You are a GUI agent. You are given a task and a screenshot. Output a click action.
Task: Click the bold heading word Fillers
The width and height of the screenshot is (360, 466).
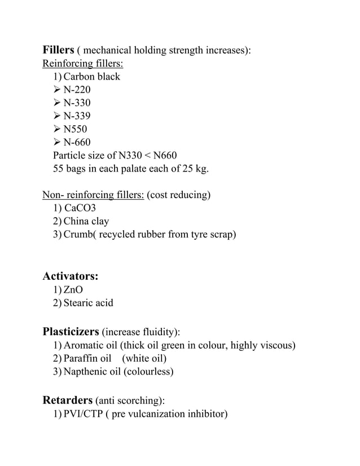59,50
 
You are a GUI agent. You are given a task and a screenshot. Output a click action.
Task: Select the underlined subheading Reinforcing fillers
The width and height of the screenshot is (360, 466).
83,63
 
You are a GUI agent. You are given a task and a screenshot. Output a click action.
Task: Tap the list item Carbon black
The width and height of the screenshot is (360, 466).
92,77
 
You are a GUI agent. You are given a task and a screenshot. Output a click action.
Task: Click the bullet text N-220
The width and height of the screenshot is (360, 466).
77,90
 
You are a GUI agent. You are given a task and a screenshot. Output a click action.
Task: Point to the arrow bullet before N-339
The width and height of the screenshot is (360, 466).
57,116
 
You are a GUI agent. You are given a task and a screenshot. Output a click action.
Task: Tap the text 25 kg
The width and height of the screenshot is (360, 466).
194,169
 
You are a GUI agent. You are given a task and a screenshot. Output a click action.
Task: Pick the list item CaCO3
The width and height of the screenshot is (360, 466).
80,208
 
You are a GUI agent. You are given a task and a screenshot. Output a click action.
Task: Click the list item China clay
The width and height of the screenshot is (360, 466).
86,221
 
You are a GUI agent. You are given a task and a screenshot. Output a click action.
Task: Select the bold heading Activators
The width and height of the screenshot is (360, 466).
71,276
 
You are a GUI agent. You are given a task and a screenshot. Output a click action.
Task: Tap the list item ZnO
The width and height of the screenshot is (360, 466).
73,290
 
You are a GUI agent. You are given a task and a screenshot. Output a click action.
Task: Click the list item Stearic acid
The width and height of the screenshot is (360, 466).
89,303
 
